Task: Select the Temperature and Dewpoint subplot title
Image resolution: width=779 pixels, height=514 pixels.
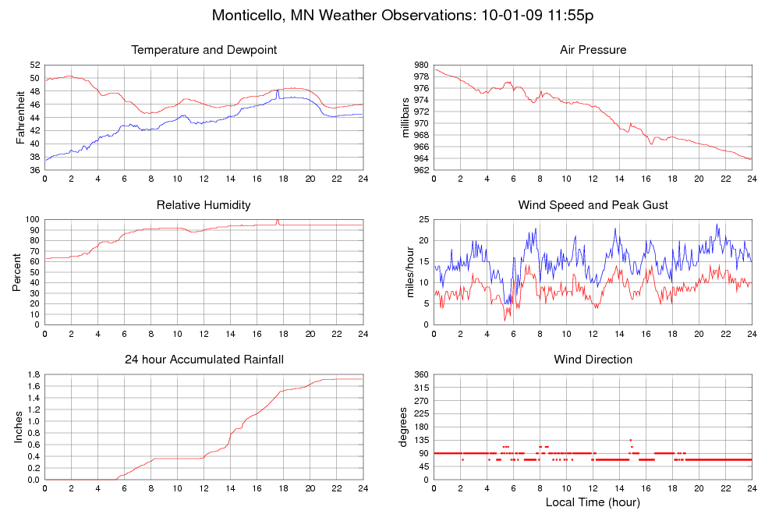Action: click(x=204, y=50)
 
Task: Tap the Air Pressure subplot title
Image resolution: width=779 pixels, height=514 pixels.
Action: click(x=593, y=50)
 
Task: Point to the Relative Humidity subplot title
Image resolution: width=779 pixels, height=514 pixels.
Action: click(x=204, y=205)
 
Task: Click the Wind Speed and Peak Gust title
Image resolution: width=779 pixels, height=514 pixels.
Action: click(x=593, y=205)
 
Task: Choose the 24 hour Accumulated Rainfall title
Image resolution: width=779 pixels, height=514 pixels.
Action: click(x=204, y=360)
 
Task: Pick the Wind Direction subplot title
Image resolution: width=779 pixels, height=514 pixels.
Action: click(x=593, y=360)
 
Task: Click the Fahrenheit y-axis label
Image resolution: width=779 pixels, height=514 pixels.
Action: click(x=20, y=117)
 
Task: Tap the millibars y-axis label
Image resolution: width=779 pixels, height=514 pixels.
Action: click(x=405, y=117)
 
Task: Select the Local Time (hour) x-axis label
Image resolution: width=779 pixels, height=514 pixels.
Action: click(x=593, y=502)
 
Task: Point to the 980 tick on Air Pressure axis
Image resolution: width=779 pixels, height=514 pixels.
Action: click(x=420, y=65)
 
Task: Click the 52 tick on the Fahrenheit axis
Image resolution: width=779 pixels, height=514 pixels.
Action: click(x=34, y=65)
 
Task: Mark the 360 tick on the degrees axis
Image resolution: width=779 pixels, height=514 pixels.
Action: click(x=420, y=375)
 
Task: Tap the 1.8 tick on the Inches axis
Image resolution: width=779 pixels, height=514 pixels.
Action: click(x=33, y=375)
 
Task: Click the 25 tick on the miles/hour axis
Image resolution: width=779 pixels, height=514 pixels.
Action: click(x=423, y=220)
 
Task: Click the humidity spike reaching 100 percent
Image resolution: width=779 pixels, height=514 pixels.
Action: click(x=278, y=221)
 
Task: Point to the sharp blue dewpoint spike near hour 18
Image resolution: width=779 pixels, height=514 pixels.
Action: click(x=278, y=90)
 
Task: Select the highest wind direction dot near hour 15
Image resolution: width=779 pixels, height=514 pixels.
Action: click(x=630, y=440)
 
